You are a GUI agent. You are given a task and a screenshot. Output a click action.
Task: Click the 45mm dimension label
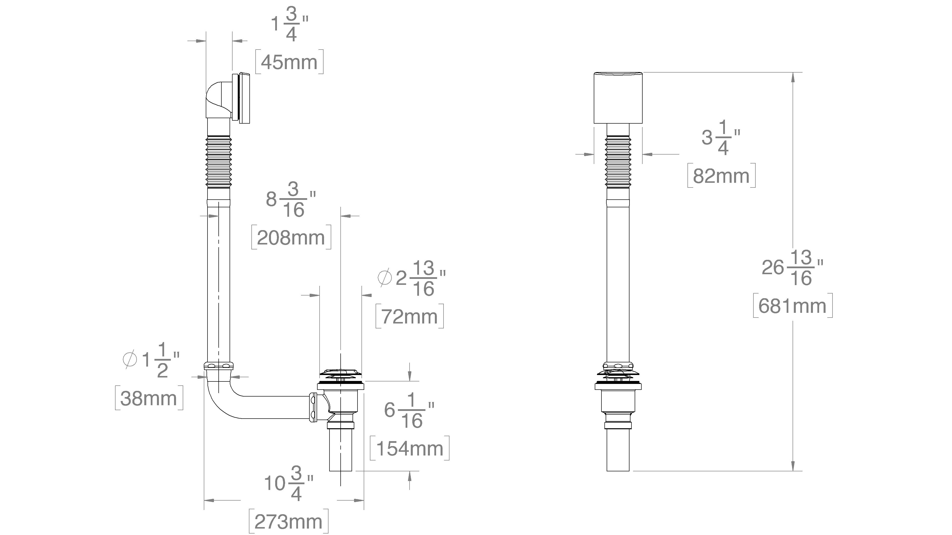(289, 62)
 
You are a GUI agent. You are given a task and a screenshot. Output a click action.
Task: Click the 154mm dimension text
(410, 448)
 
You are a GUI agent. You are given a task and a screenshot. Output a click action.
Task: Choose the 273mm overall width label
(289, 521)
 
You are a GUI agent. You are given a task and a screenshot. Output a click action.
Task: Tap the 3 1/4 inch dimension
(721, 138)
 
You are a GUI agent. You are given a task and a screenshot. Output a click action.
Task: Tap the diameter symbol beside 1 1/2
(130, 360)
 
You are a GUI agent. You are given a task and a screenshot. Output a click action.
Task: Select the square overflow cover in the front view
(618, 98)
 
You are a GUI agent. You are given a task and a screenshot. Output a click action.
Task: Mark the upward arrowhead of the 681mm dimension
(793, 78)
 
